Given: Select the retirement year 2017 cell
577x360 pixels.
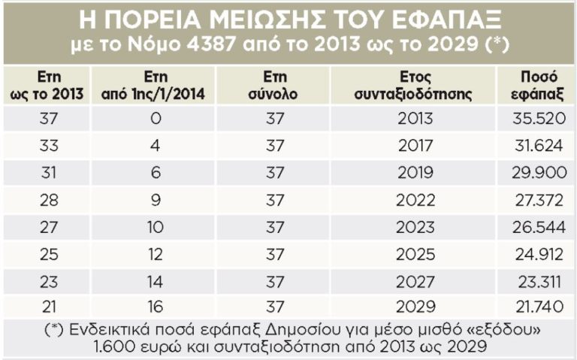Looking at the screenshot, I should click(x=415, y=146).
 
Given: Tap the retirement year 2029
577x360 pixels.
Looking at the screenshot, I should click(x=415, y=307).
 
